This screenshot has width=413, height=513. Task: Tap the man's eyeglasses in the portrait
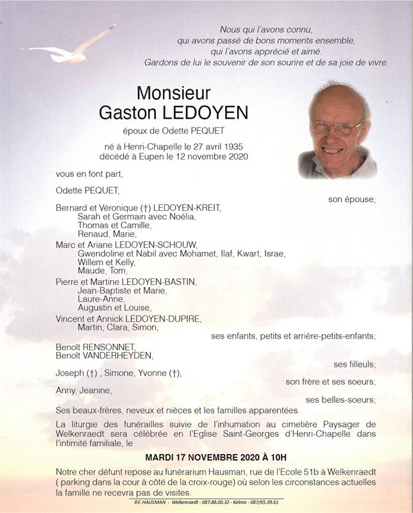pos(336,128)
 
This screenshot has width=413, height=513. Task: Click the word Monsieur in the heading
pos(173,94)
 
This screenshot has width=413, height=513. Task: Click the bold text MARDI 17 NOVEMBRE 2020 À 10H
pos(215,458)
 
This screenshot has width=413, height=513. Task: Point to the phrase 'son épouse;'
pos(351,199)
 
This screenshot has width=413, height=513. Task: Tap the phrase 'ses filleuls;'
pos(354,364)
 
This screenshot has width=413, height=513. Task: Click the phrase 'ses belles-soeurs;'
pos(341,400)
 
